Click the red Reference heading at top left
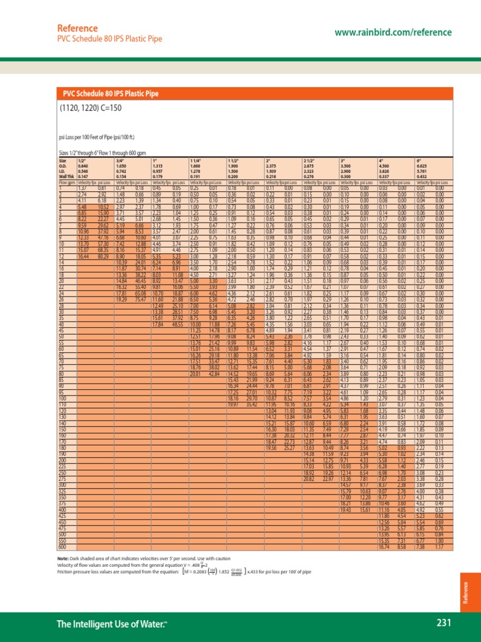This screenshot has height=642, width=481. coord(75,29)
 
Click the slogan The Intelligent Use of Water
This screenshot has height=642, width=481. coord(111,623)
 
